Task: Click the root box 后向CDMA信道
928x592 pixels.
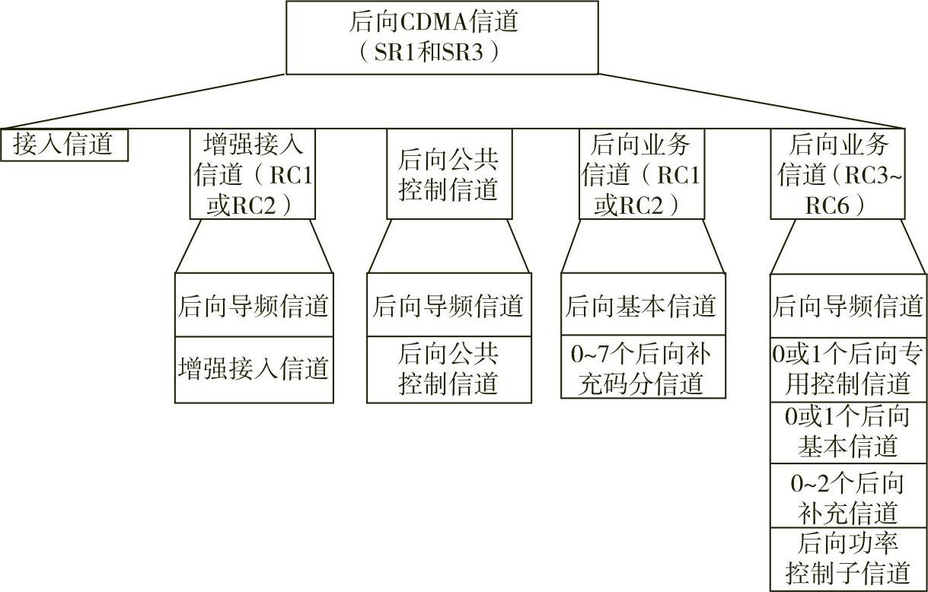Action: pos(442,37)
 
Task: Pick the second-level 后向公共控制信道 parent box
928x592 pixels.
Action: pos(448,174)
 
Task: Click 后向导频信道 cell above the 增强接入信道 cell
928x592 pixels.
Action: pos(254,306)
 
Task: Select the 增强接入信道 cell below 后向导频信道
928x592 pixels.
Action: pos(254,369)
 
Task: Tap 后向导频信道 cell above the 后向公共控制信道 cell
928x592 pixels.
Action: pos(448,306)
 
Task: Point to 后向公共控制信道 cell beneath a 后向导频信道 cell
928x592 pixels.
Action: pos(448,369)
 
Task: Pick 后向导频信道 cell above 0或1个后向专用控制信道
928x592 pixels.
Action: pos(848,306)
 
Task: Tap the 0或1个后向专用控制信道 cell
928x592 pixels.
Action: pos(848,368)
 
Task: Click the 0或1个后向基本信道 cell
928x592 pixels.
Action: pos(848,431)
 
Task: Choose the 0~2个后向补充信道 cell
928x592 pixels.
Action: pos(848,495)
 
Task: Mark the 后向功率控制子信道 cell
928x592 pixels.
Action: pos(848,558)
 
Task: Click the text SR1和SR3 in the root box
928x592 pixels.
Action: pos(431,54)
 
